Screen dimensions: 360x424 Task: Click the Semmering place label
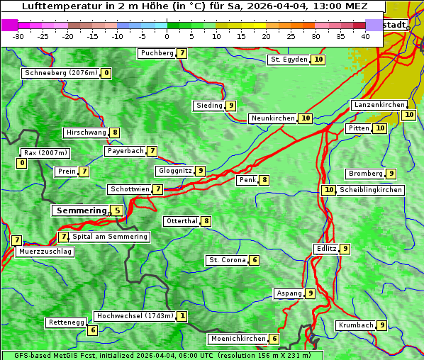(79, 210)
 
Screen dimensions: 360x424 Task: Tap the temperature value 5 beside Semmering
(117, 210)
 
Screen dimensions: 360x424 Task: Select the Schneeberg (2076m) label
(60, 73)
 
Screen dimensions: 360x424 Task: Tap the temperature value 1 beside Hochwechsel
(182, 316)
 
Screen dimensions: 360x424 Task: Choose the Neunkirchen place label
(272, 118)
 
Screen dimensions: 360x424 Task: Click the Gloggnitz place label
(174, 171)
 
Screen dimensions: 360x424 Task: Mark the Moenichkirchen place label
(239, 339)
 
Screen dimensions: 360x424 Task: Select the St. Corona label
(227, 260)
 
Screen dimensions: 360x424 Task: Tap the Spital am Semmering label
(110, 237)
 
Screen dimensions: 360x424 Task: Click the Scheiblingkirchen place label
(371, 190)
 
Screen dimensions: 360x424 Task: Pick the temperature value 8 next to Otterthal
(206, 221)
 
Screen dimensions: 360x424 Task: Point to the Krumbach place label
(355, 325)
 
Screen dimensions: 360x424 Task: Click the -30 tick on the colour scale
(18, 36)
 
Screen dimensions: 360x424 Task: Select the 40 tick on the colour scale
(365, 36)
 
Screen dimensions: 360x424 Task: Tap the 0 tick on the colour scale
(167, 36)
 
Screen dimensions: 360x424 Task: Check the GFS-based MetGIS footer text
(162, 355)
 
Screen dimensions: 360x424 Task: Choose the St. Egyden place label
(288, 60)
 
